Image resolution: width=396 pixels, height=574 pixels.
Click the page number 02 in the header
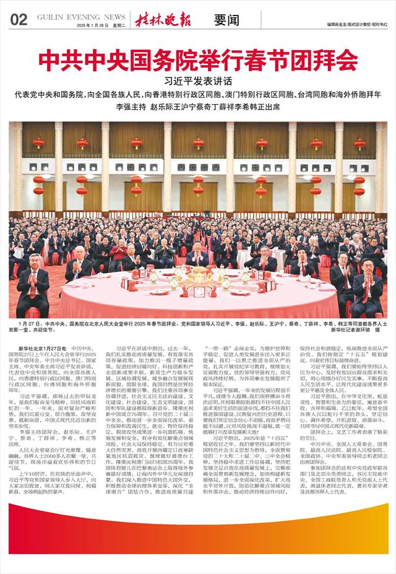click(x=19, y=19)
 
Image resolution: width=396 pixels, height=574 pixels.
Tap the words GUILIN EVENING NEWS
click(x=81, y=18)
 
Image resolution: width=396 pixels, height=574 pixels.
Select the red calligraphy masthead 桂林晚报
click(x=165, y=19)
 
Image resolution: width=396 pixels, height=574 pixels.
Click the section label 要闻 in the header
click(x=226, y=19)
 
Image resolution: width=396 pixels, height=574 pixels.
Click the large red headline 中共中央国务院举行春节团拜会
click(x=198, y=61)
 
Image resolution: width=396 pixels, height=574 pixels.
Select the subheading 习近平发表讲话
click(x=198, y=81)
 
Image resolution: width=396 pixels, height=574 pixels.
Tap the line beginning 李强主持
click(x=198, y=107)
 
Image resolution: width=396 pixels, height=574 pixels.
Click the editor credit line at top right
click(x=353, y=25)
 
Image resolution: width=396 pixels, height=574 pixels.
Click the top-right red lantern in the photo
click(x=358, y=143)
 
